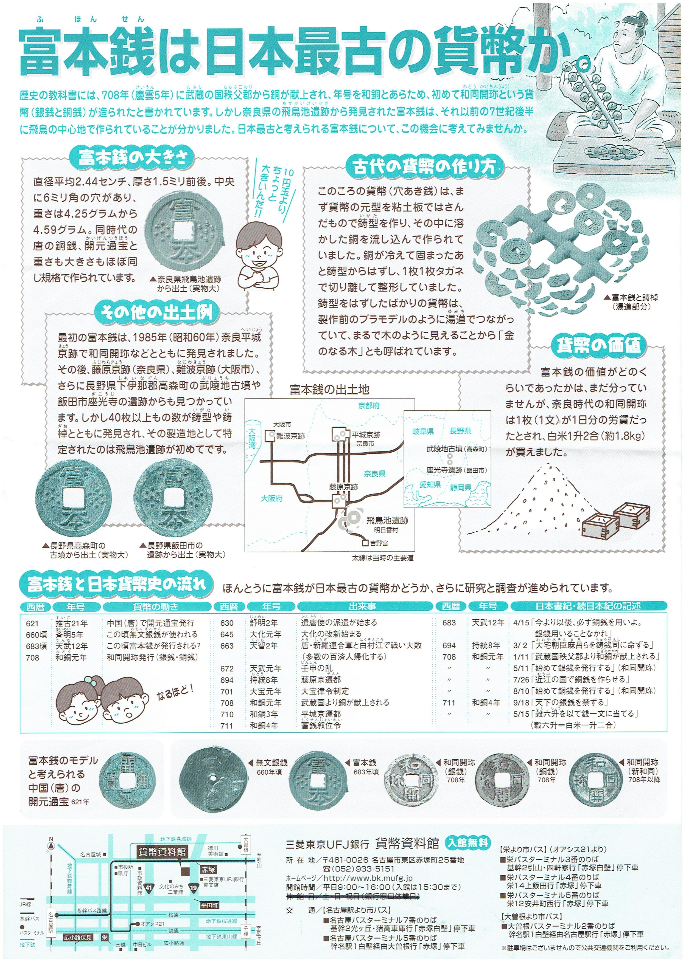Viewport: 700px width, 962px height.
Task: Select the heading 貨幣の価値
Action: [598, 346]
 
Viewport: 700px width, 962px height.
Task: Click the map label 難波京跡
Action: [290, 436]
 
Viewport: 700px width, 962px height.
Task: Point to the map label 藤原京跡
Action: [343, 487]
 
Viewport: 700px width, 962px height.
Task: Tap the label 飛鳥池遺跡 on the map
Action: [387, 520]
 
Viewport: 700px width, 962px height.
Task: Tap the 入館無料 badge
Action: [468, 842]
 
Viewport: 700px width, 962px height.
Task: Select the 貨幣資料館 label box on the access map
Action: [163, 851]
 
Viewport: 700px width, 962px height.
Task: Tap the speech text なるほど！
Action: [175, 692]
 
